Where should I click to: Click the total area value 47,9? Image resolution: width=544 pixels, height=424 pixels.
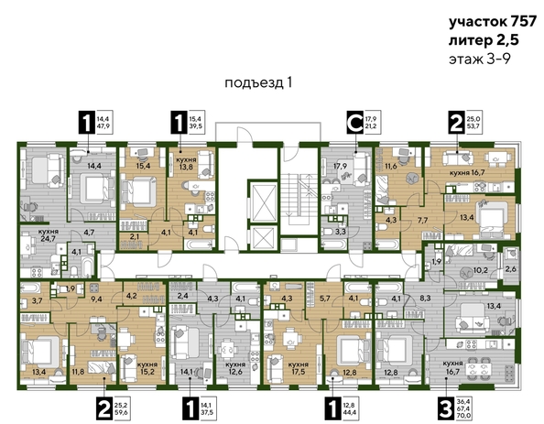pyautogui.click(x=102, y=126)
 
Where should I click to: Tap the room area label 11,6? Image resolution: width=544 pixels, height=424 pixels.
pyautogui.click(x=391, y=166)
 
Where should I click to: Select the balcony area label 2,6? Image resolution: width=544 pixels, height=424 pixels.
pyautogui.click(x=511, y=268)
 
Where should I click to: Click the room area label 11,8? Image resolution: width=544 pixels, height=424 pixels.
pyautogui.click(x=77, y=371)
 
